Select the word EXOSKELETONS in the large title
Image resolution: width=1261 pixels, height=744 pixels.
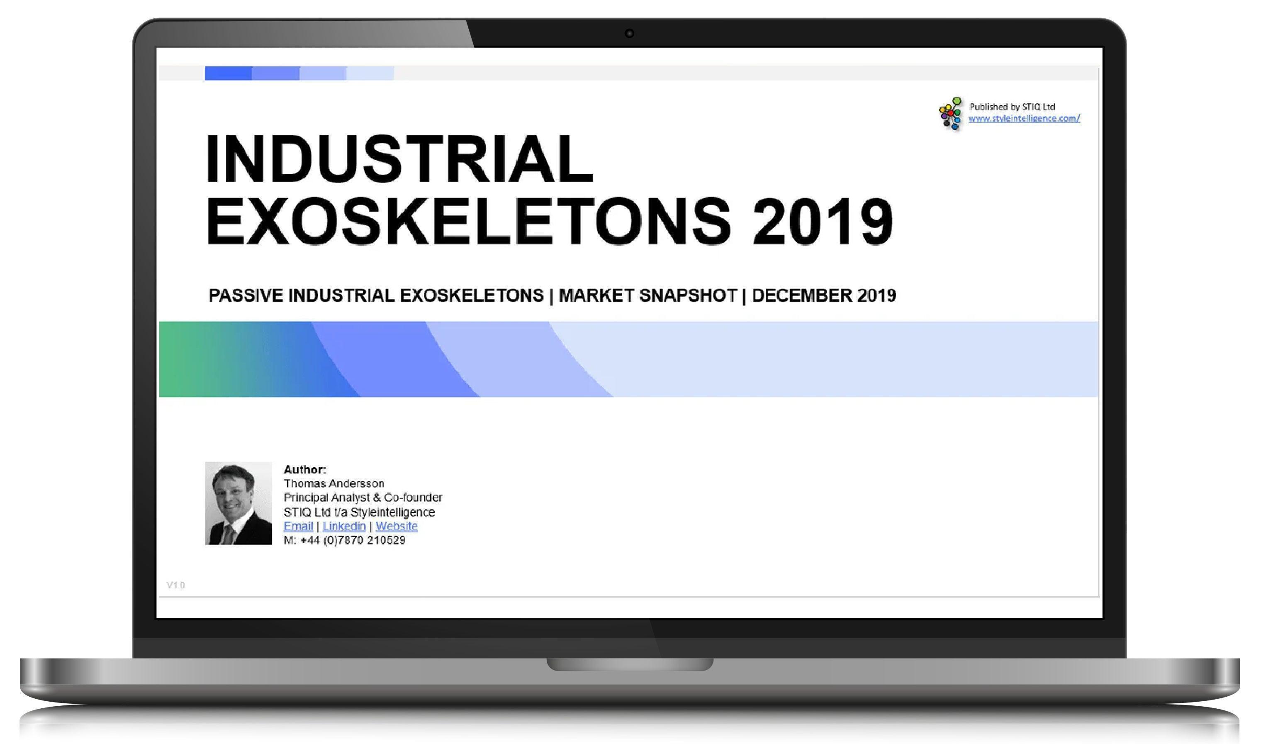468,221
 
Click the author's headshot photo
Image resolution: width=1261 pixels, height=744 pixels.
238,503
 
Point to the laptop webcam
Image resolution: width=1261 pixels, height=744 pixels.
630,34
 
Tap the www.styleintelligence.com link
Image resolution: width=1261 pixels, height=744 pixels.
1024,118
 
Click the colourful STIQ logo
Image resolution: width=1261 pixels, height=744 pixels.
950,113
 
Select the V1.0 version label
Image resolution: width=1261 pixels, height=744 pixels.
176,585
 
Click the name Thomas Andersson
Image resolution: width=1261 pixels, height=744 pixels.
334,483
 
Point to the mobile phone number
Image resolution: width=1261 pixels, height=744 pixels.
344,540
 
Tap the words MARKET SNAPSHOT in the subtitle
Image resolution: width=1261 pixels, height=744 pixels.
648,295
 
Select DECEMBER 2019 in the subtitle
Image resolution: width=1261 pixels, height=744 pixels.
823,295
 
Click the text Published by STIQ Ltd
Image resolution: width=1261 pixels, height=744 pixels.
1012,106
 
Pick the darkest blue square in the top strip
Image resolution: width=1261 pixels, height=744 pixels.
228,73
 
